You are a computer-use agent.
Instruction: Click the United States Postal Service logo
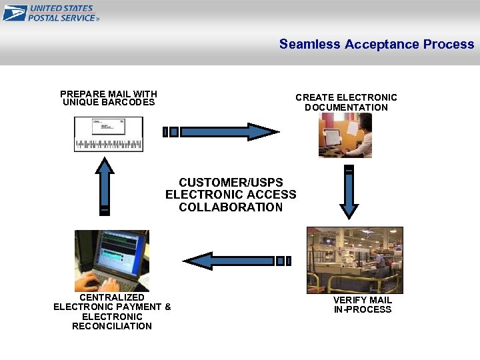point(51,13)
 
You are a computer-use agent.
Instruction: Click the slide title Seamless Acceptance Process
point(376,44)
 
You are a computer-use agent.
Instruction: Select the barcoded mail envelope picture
point(108,134)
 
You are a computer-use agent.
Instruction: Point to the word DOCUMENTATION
point(346,107)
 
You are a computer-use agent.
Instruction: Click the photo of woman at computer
point(345,135)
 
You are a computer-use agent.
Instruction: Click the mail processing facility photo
point(355,260)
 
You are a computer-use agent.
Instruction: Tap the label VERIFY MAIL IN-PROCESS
point(363,305)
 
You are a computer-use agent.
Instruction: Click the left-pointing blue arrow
point(237,261)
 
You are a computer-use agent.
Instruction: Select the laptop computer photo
point(112,260)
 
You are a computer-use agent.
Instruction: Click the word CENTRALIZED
point(112,297)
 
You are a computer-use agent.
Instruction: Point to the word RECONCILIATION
point(112,326)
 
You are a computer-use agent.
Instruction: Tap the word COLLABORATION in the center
point(231,207)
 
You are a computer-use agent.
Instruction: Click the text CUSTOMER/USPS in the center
point(231,183)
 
